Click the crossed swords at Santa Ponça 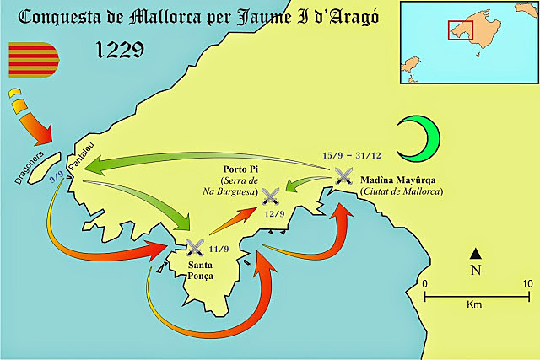tap(195, 247)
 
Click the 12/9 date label tap(273, 214)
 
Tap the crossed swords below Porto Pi tap(271, 197)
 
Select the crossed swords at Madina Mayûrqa tap(343, 176)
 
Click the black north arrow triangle tap(476, 253)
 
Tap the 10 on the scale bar tap(528, 284)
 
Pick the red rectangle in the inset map tap(460, 30)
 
